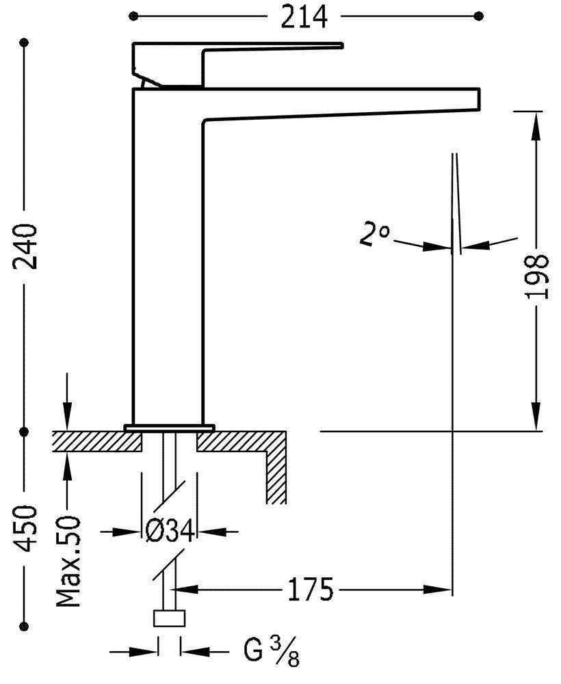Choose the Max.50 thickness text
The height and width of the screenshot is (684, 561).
(x=68, y=562)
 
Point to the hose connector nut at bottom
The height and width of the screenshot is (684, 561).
(x=169, y=618)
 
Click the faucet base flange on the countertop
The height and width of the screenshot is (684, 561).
(x=169, y=428)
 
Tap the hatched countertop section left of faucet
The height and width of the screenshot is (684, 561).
(x=96, y=441)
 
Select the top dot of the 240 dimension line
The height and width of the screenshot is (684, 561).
(x=26, y=43)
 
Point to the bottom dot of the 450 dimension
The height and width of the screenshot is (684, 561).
(x=26, y=624)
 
